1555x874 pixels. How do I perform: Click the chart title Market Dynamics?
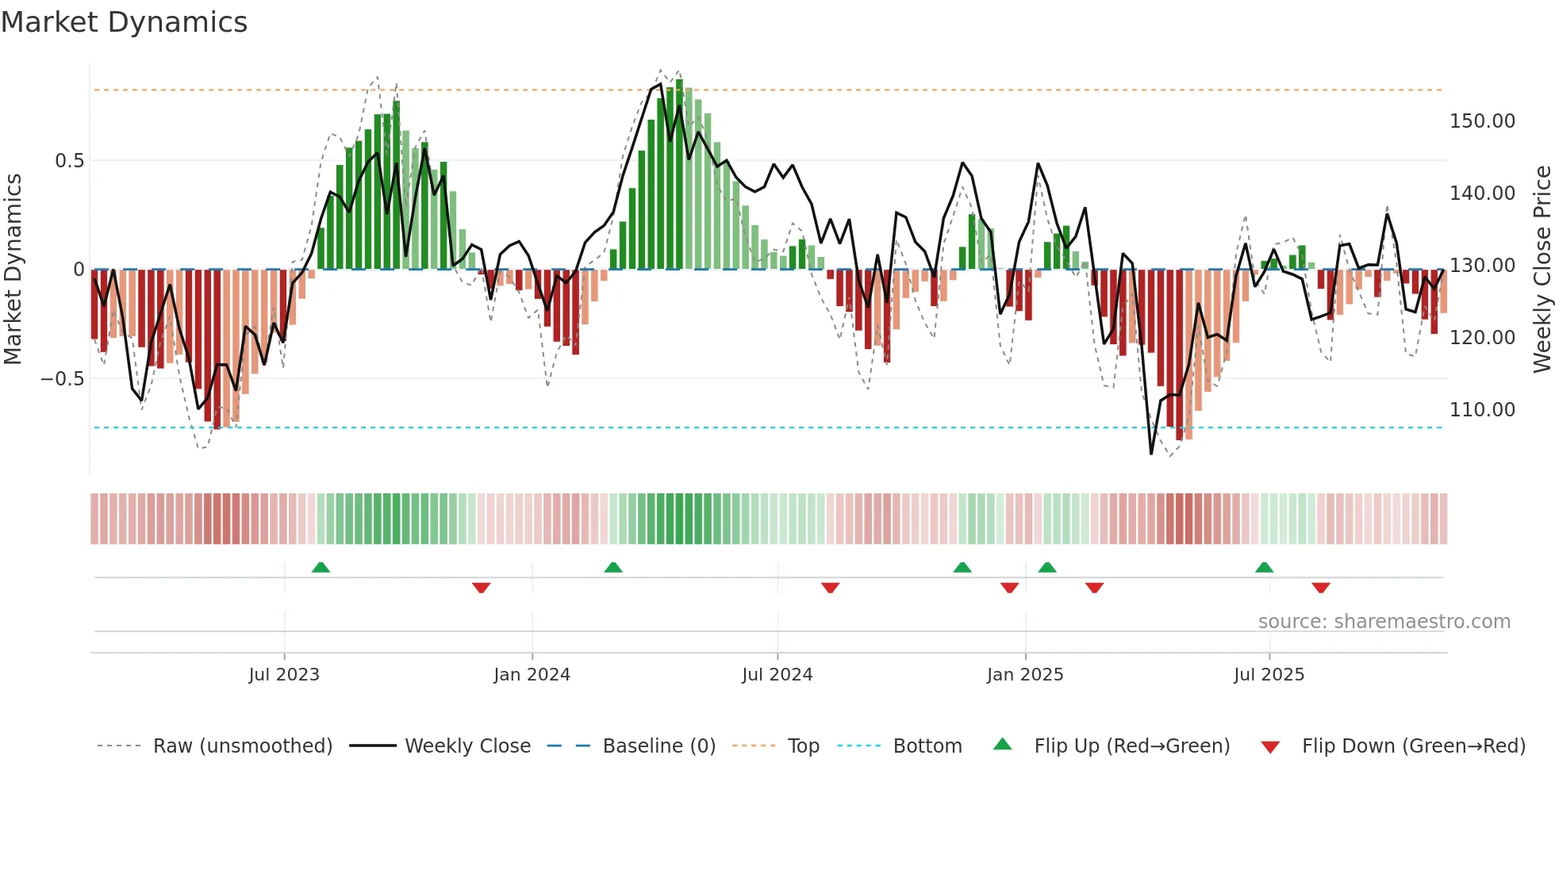[124, 22]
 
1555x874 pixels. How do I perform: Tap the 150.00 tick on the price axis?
[1482, 121]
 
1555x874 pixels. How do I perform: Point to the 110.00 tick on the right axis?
[1482, 410]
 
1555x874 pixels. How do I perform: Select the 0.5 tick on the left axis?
[69, 161]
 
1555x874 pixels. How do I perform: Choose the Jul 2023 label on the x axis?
[284, 675]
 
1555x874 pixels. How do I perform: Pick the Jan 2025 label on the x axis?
[1025, 675]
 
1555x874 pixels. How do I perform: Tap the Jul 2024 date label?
[777, 675]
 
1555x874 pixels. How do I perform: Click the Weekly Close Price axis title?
[1542, 270]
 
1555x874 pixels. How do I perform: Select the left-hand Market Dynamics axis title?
[13, 270]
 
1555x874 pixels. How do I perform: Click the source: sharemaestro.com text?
[1384, 622]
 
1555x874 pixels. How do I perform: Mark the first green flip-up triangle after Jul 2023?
[321, 568]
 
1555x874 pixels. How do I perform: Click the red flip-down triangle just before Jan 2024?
[481, 588]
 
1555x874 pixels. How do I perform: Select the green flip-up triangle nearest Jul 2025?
[1264, 568]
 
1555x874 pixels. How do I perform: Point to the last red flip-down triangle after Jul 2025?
[1321, 588]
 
